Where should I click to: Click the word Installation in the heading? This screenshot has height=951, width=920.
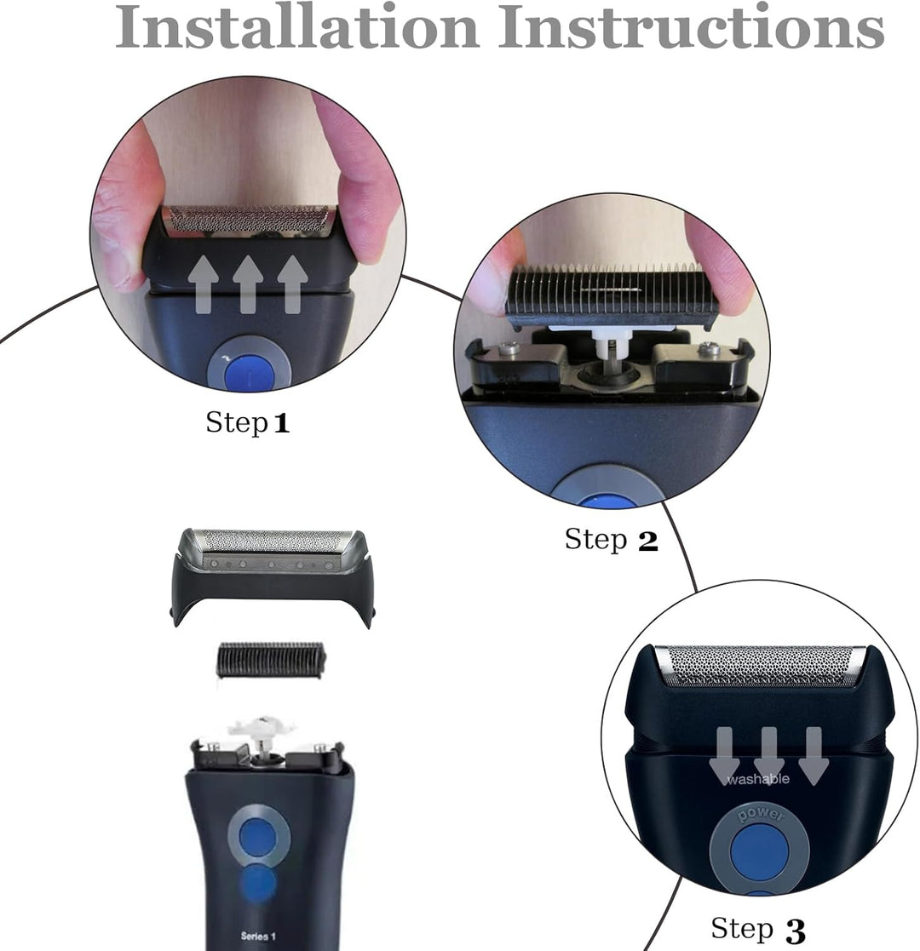pyautogui.click(x=296, y=26)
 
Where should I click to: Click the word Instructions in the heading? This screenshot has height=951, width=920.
pyautogui.click(x=691, y=26)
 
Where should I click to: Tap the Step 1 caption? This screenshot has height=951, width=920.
pyautogui.click(x=248, y=423)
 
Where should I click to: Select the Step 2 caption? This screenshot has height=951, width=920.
pyautogui.click(x=611, y=539)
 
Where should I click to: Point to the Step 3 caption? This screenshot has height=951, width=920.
pyautogui.click(x=758, y=929)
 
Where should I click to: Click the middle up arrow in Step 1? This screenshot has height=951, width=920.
pyautogui.click(x=248, y=284)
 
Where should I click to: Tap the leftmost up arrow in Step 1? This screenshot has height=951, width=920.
pyautogui.click(x=204, y=284)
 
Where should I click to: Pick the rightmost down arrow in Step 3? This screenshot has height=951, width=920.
pyautogui.click(x=814, y=756)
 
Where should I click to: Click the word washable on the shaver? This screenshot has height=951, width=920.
pyautogui.click(x=758, y=779)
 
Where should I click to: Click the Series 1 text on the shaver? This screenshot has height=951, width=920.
pyautogui.click(x=258, y=936)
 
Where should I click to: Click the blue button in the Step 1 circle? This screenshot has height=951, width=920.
pyautogui.click(x=249, y=372)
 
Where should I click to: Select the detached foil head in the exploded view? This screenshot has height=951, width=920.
pyautogui.click(x=271, y=576)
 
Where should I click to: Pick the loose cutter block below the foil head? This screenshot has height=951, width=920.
pyautogui.click(x=271, y=660)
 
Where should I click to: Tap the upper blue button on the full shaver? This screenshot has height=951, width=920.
pyautogui.click(x=258, y=837)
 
